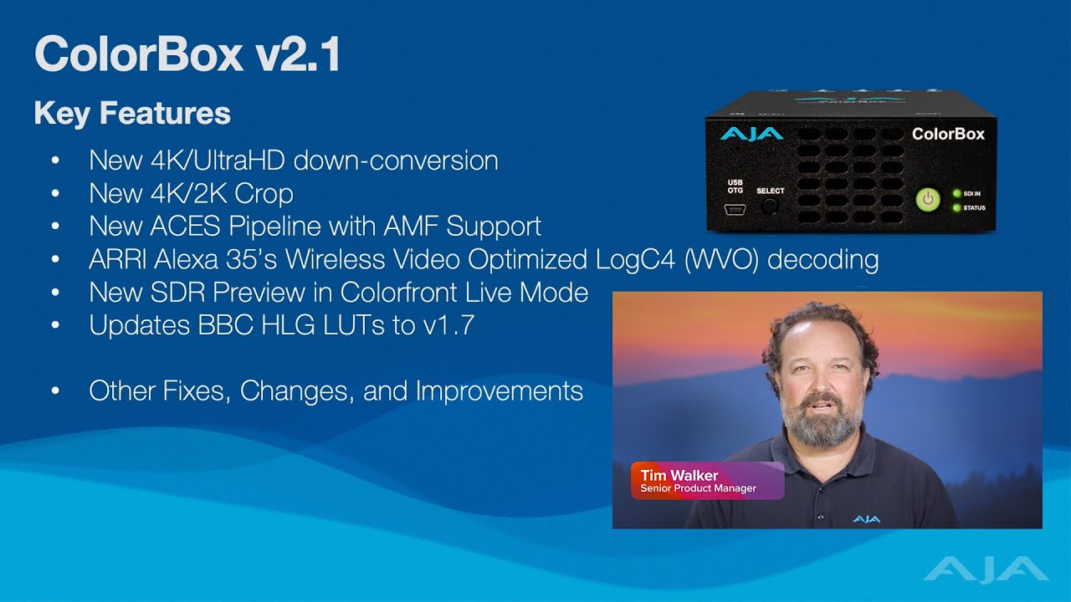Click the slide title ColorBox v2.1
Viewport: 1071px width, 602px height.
click(187, 54)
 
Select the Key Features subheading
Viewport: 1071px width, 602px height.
click(132, 113)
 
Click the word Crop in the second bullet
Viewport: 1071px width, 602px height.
click(264, 193)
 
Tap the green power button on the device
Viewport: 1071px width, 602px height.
click(928, 200)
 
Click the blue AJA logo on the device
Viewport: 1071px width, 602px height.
click(751, 134)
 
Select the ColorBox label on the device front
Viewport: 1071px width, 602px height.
click(947, 134)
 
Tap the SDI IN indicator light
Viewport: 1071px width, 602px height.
click(956, 193)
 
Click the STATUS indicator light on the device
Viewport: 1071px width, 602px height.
click(956, 207)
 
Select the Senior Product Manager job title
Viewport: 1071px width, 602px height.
click(698, 488)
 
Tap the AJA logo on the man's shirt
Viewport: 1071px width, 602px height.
click(866, 519)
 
